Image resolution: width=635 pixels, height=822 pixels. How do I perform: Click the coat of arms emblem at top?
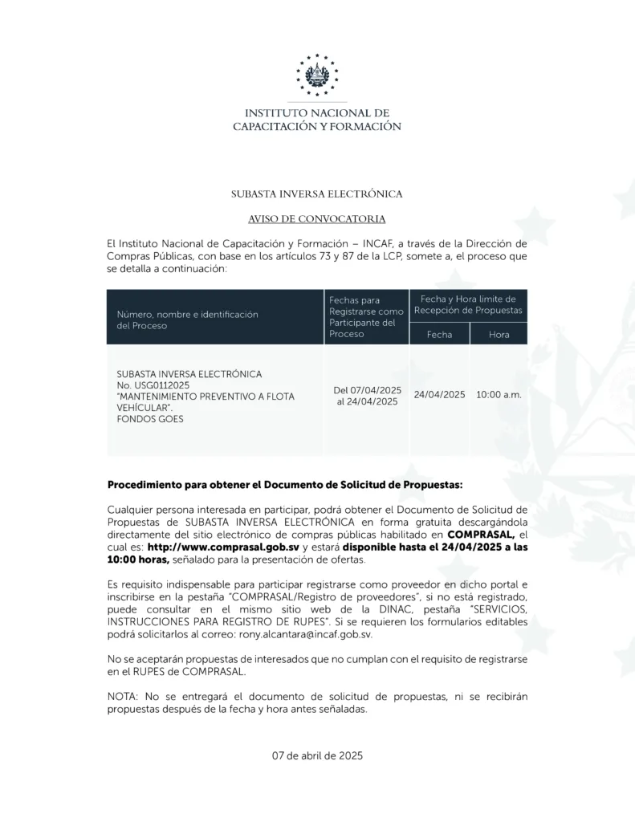317,75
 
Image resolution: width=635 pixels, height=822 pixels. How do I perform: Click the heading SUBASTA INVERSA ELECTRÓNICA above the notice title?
317,194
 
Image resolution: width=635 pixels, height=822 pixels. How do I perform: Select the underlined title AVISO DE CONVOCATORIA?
317,218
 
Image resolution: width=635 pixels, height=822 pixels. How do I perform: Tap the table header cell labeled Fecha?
439,334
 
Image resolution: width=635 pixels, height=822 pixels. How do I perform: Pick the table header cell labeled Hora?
499,334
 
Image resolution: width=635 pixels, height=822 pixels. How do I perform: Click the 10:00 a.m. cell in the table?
499,395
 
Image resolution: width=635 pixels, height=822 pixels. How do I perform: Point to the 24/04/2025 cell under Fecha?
440,395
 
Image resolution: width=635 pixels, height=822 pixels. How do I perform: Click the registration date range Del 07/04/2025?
368,390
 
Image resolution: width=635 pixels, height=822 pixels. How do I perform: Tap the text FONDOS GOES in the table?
150,419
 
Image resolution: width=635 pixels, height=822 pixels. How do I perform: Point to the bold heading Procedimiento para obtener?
285,485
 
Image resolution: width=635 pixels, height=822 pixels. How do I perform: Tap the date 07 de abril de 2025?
317,755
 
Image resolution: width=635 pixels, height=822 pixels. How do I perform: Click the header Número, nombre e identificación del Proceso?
187,320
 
